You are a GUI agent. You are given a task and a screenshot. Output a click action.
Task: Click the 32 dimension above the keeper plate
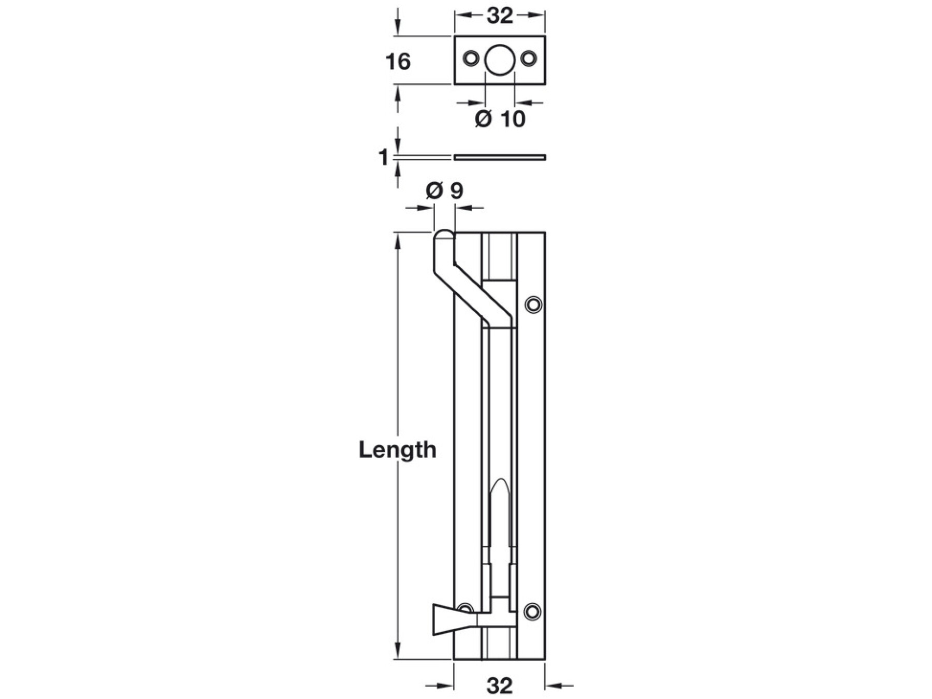click(x=500, y=16)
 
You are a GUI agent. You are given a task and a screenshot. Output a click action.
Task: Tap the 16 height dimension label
click(x=398, y=62)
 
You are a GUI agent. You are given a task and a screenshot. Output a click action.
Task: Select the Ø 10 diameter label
click(x=500, y=119)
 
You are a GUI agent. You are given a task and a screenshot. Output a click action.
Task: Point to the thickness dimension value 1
click(x=384, y=157)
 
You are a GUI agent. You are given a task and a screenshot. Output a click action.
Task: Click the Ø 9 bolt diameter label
click(x=444, y=191)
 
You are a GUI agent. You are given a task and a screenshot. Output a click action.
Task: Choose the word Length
click(x=398, y=450)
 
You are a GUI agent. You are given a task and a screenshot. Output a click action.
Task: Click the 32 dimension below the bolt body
click(x=500, y=686)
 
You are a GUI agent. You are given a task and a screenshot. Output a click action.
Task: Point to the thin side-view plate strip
click(x=500, y=157)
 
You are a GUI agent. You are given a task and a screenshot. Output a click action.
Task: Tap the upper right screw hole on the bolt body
click(x=533, y=304)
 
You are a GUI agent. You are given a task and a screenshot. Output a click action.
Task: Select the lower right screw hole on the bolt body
click(x=533, y=611)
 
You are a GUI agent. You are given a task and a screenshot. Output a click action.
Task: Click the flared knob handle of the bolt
click(x=455, y=619)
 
